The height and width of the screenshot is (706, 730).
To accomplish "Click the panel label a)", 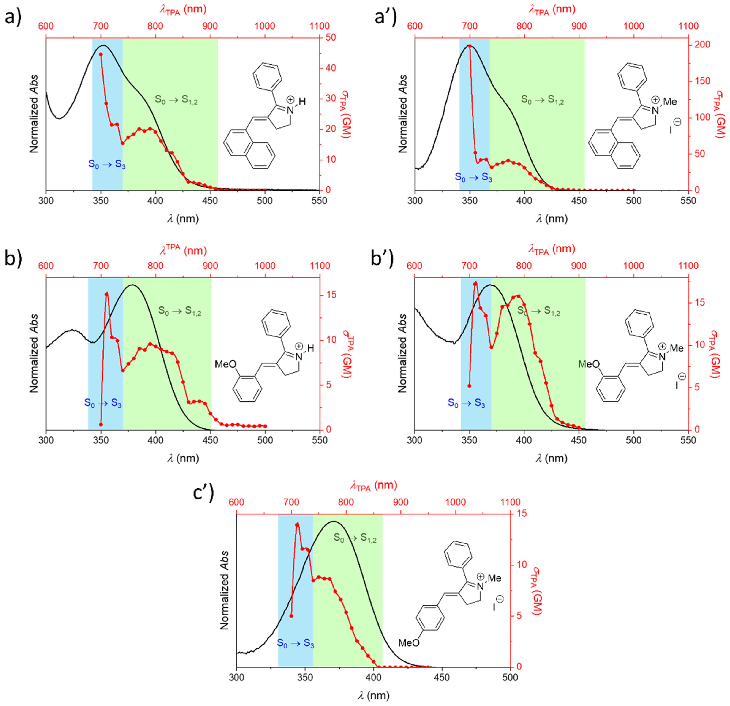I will (13, 17).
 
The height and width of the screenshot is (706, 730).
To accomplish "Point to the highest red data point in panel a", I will (101, 54).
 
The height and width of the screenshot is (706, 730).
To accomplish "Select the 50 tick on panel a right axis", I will (331, 37).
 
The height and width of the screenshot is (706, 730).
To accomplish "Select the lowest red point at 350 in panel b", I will (101, 424).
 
